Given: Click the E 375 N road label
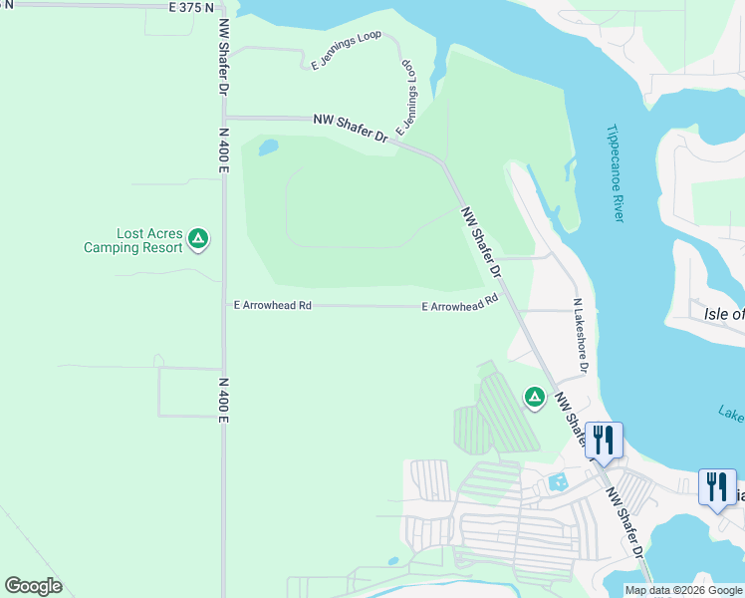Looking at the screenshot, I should (190, 7).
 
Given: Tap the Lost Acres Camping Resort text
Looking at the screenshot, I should (134, 240).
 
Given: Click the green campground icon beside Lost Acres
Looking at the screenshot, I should (198, 238).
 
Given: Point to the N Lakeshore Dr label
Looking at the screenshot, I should (580, 335).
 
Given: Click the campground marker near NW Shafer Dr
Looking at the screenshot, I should (535, 398).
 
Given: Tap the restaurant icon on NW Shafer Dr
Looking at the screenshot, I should (604, 439).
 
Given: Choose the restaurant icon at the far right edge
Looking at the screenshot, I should (717, 486).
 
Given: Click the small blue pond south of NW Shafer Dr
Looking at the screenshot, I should (268, 149).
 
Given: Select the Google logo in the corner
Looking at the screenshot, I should (33, 586).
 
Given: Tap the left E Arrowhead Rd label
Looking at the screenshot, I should (272, 305).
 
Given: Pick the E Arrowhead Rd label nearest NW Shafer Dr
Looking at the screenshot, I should (459, 303).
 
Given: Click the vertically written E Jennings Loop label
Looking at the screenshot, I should (406, 97).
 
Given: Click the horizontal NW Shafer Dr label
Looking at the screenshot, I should (350, 127).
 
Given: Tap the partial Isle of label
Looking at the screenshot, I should (723, 314).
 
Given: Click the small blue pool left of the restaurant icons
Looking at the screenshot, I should (558, 482).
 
